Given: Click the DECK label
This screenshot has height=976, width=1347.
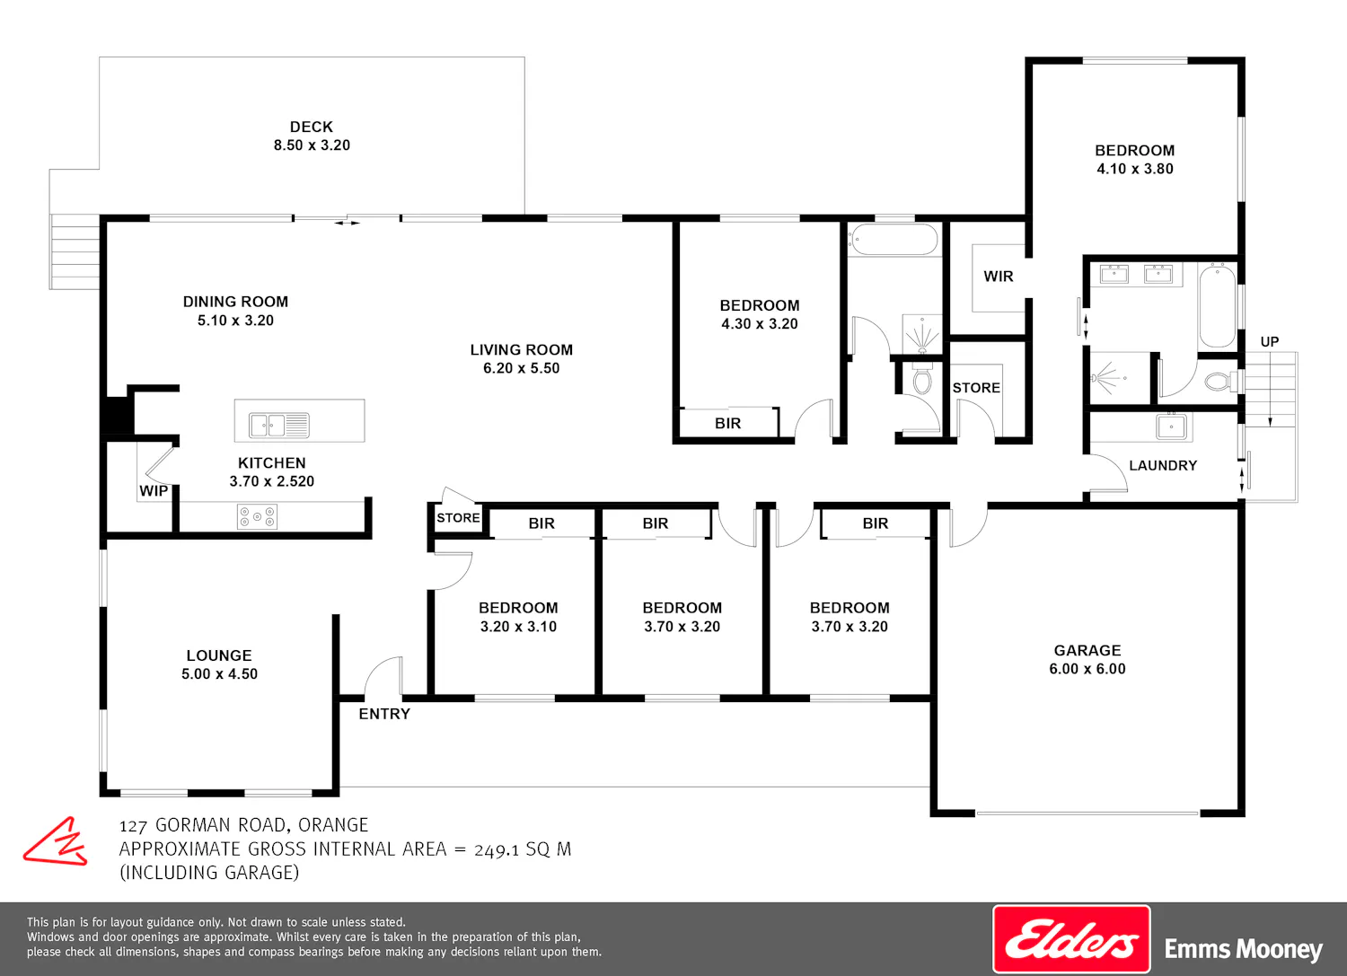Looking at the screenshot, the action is click(x=312, y=127).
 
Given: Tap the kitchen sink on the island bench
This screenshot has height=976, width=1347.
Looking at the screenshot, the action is click(x=279, y=426).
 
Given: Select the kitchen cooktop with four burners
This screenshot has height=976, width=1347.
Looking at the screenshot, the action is click(x=257, y=516).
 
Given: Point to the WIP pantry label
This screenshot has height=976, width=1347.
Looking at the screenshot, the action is click(x=154, y=491).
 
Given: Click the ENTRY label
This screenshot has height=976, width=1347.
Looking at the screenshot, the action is click(x=384, y=714).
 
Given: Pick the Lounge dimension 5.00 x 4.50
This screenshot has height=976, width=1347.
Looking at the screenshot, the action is click(x=219, y=674).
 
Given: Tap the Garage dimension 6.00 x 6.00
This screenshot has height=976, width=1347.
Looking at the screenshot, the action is click(x=1087, y=669).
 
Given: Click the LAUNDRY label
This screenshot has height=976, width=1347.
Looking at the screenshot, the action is click(x=1163, y=465).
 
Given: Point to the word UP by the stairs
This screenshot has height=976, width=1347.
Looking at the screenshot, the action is click(x=1270, y=341).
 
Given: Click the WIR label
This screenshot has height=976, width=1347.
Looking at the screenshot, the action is click(x=999, y=277).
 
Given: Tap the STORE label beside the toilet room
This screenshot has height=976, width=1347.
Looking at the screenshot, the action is click(x=976, y=388).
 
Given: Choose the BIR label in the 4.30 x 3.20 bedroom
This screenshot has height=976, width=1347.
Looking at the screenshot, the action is click(x=727, y=424).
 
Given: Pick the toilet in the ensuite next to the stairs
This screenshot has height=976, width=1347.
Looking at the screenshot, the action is click(x=1220, y=382).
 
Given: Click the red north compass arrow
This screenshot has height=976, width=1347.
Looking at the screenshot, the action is click(x=56, y=842).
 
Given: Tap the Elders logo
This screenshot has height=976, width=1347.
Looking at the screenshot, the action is click(x=1071, y=938).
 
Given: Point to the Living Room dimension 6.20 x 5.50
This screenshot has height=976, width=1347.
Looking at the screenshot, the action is click(x=522, y=368).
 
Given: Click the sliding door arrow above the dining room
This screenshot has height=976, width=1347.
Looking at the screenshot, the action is click(x=347, y=223).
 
